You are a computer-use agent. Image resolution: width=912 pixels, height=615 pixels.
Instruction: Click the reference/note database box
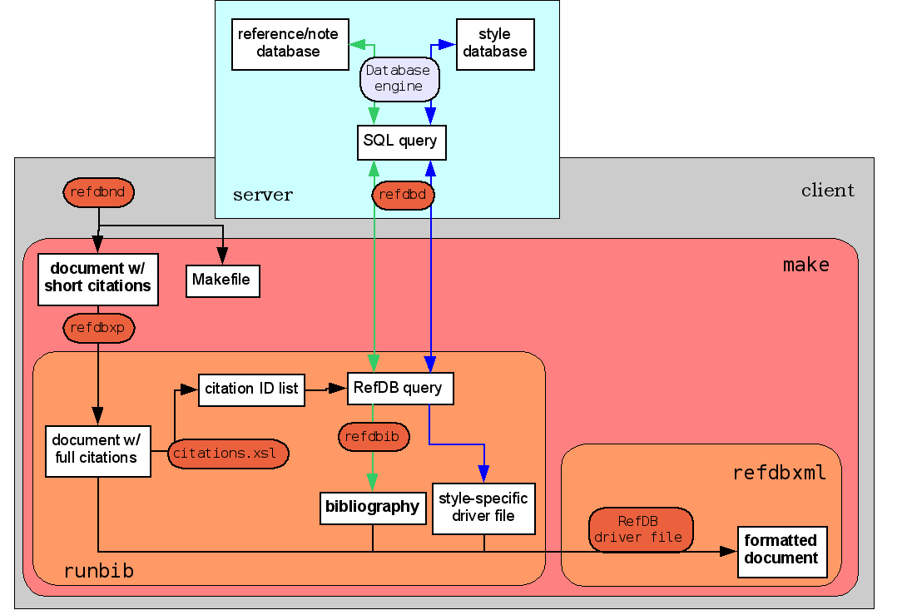tap(289, 43)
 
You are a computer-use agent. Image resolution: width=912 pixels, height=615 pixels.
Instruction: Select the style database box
tap(495, 43)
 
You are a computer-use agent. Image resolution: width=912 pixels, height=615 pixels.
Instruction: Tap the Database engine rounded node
tap(399, 79)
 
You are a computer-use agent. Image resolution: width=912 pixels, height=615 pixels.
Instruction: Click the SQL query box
tap(400, 141)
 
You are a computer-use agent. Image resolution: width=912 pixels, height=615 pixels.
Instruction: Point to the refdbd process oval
tap(403, 195)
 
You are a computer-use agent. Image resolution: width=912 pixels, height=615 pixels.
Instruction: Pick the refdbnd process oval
tap(98, 192)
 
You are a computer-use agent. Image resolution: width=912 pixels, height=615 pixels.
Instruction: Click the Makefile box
tap(221, 280)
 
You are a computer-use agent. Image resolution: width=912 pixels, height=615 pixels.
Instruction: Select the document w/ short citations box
tap(98, 278)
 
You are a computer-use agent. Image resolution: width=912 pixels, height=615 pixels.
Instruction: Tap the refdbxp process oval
tap(98, 328)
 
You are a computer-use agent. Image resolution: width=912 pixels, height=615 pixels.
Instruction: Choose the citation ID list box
tap(251, 389)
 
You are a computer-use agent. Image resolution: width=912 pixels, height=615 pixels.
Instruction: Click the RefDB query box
tap(399, 388)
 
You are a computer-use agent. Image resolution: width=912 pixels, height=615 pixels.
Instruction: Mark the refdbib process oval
tap(373, 436)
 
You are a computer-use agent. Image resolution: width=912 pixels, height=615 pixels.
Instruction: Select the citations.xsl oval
tap(228, 454)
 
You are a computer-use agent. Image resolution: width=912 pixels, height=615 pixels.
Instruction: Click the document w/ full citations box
tap(97, 449)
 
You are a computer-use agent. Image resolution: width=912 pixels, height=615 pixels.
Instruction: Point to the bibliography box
tap(372, 507)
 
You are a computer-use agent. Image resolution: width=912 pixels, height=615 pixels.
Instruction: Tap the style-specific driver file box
tap(483, 508)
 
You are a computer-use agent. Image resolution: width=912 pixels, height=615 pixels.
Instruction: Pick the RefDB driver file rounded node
tap(641, 529)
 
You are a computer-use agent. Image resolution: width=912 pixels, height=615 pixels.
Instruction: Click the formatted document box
tap(781, 551)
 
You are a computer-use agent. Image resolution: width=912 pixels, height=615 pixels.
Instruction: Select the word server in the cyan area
tap(262, 196)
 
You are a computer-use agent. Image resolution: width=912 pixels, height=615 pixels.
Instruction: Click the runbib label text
tap(98, 571)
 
